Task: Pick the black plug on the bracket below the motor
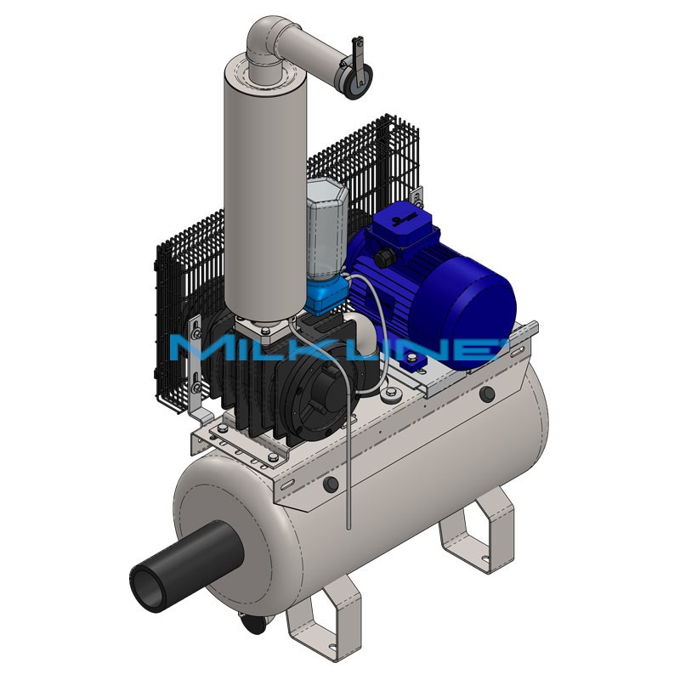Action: point(487,394)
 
